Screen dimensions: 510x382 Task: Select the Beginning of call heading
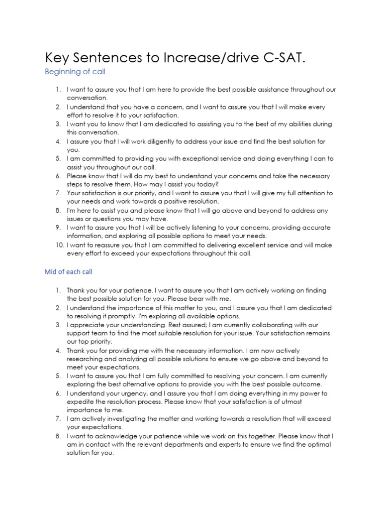75,72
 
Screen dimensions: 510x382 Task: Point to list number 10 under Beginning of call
58,245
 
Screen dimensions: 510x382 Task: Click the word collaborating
272,325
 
